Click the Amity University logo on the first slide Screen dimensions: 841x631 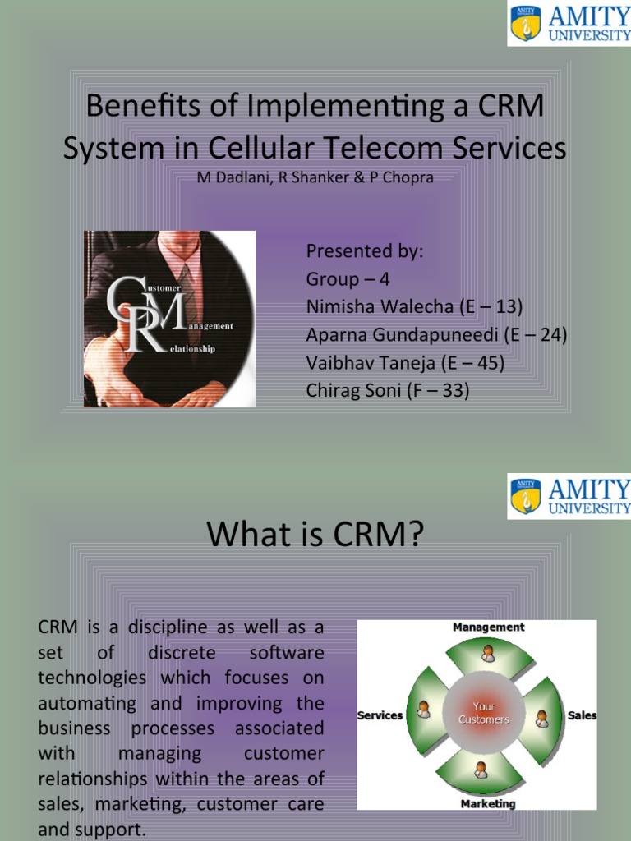tap(569, 23)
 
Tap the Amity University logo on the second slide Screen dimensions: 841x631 tap(569, 495)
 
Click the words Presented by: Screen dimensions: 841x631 tap(364, 250)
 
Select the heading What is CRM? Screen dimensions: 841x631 tap(315, 535)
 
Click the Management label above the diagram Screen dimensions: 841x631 tap(488, 627)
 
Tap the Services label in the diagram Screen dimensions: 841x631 tap(380, 715)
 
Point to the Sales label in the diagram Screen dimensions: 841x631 tap(582, 715)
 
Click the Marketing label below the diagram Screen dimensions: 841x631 tap(488, 803)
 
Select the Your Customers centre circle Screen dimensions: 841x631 tap(483, 713)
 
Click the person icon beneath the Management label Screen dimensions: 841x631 tap(487, 654)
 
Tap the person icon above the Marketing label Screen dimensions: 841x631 tap(481, 770)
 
